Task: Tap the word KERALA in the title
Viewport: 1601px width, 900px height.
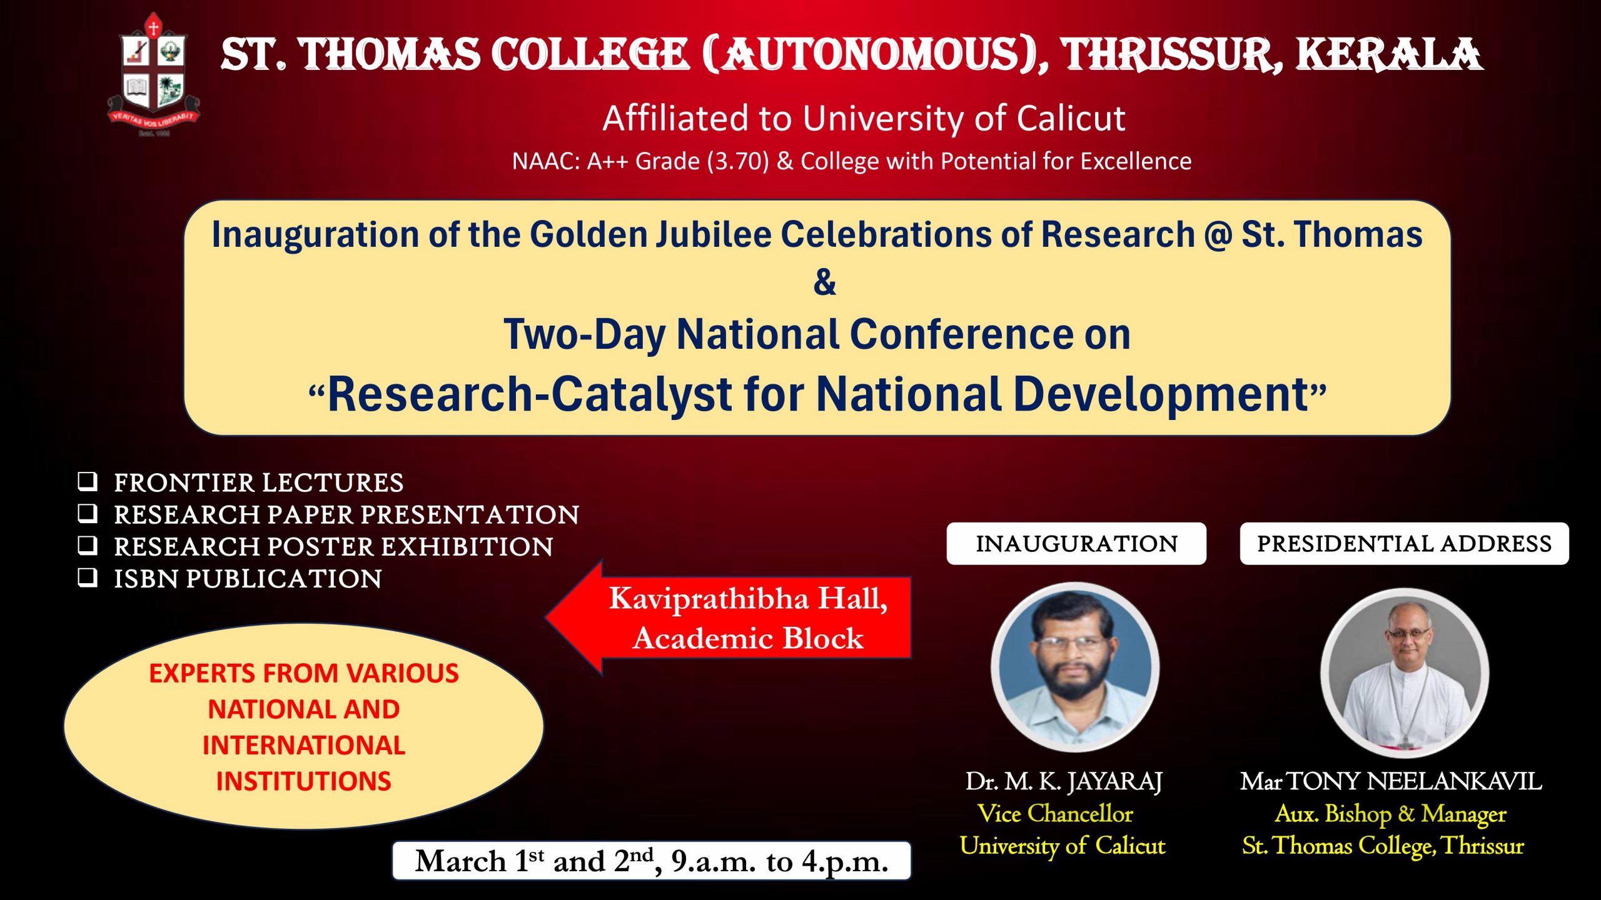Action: [1388, 55]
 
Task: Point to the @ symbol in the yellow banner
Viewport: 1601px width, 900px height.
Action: [1217, 235]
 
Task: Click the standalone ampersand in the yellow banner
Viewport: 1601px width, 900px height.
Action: [824, 282]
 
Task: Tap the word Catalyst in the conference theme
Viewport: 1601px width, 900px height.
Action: [641, 394]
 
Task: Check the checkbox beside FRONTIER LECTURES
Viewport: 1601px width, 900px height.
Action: [88, 481]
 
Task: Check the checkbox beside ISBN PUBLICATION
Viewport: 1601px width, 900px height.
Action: [88, 577]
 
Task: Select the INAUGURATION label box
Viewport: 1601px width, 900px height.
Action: [1076, 544]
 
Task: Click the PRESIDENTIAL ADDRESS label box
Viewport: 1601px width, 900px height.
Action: [1404, 544]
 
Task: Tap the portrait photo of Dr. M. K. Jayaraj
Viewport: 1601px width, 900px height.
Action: [1075, 667]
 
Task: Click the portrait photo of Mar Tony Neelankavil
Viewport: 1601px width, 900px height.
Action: [1405, 673]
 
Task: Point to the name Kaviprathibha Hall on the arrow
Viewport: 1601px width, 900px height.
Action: [747, 599]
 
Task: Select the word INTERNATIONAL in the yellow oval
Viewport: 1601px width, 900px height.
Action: [304, 745]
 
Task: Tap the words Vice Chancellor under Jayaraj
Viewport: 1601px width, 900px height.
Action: [1055, 813]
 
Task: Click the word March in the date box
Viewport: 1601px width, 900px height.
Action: [462, 861]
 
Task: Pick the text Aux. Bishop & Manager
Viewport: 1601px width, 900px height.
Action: [1390, 813]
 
